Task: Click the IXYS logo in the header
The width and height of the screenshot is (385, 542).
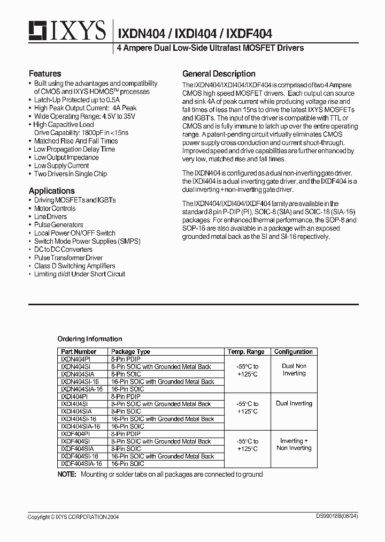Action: pos(67,31)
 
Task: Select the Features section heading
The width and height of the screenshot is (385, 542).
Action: pos(45,73)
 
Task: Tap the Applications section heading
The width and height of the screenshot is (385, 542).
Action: pos(52,191)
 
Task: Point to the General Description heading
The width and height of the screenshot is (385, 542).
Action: pos(219,74)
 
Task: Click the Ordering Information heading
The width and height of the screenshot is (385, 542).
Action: pos(90,339)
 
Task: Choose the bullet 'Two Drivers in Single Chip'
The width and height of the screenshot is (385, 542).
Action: pos(70,174)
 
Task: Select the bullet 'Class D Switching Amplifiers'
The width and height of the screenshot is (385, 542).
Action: pos(74,266)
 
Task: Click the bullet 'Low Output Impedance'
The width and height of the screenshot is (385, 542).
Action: pos(66,157)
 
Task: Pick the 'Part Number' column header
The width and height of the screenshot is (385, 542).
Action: pos(79,352)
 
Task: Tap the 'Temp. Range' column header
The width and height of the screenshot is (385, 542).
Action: pos(246,352)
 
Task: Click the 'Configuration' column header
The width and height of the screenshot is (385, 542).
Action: pos(293,352)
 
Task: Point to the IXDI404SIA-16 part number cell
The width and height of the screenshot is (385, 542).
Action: pos(81,426)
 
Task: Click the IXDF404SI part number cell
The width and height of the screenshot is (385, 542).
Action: pos(75,441)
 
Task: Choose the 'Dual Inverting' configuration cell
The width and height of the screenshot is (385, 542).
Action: pos(294,403)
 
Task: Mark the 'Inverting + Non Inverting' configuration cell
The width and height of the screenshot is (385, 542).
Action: pos(294,445)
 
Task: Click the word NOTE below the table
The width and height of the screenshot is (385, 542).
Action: pos(67,475)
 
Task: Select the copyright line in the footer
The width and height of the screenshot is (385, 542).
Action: pos(73,517)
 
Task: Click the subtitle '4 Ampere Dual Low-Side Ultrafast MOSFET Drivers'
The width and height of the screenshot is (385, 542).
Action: pos(210,48)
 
